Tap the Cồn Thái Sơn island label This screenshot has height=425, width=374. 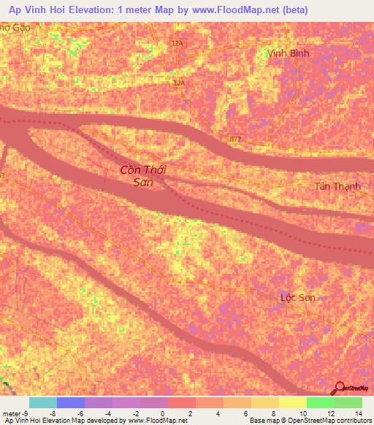click(143, 176)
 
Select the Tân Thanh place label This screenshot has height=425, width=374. click(337, 186)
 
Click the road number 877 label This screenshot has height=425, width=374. click(234, 139)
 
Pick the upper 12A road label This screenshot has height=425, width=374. click(177, 44)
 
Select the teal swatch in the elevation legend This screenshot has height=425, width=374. click(43, 402)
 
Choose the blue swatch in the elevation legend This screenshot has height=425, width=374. click(71, 402)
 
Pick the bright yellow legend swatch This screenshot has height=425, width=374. click(292, 402)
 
